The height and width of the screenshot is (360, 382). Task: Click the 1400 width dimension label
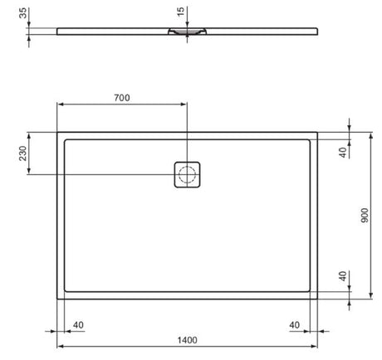[x=187, y=340]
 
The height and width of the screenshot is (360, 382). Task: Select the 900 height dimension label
[x=365, y=216]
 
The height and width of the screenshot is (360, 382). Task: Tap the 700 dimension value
[x=122, y=98]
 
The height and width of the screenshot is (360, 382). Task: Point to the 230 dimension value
[x=22, y=153]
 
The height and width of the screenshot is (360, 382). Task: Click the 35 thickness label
[x=23, y=13]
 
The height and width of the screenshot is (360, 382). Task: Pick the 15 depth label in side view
[x=180, y=12]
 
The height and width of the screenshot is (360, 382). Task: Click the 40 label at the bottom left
[x=78, y=325]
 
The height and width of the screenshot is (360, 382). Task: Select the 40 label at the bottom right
[x=294, y=325]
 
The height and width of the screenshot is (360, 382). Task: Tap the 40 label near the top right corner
[x=343, y=153]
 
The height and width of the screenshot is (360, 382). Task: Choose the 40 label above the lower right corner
[x=343, y=276]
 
